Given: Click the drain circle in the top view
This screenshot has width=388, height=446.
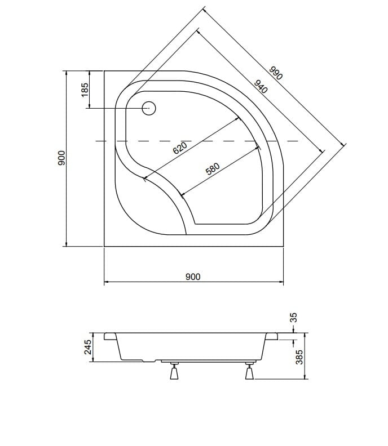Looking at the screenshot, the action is (x=149, y=108).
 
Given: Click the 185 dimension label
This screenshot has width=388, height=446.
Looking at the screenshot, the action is (x=85, y=90).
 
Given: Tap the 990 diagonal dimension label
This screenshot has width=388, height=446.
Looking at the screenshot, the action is (x=276, y=73).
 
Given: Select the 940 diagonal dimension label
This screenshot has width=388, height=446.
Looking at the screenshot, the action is (x=261, y=87).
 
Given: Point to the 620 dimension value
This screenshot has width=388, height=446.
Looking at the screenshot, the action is (x=180, y=148).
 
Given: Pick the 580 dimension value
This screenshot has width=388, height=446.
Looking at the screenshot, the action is (x=213, y=168).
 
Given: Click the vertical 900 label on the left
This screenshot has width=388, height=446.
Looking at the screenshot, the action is (x=61, y=158).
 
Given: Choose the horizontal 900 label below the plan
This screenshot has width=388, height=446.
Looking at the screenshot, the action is (x=193, y=276).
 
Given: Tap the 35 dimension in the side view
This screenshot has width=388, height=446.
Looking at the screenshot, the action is (x=293, y=317).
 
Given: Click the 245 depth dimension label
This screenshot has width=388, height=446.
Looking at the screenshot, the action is (x=88, y=347).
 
